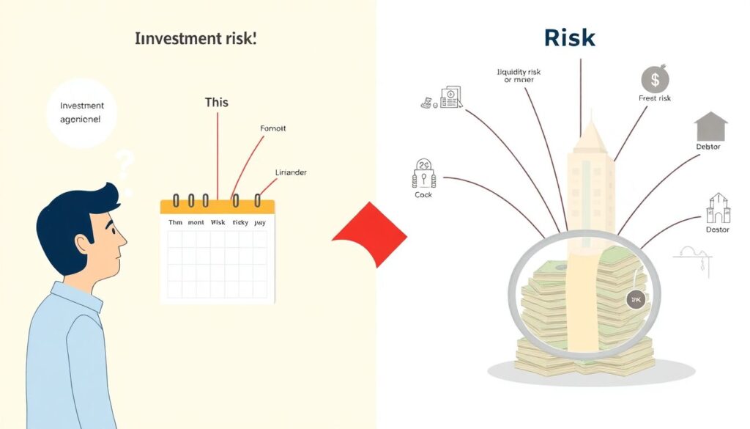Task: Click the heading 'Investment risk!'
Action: click(x=196, y=40)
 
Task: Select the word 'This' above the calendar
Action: click(x=217, y=102)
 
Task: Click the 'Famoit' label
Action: click(x=273, y=128)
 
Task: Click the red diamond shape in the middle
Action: click(x=371, y=234)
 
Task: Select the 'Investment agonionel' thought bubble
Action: click(x=82, y=112)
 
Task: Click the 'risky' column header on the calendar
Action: click(x=240, y=222)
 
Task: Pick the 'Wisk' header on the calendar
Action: click(x=218, y=222)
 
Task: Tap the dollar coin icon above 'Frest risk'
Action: click(x=654, y=79)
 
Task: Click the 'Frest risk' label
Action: click(x=655, y=98)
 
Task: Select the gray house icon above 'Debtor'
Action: click(x=710, y=126)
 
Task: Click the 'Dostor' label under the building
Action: click(x=717, y=230)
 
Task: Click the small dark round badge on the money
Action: click(x=634, y=299)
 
